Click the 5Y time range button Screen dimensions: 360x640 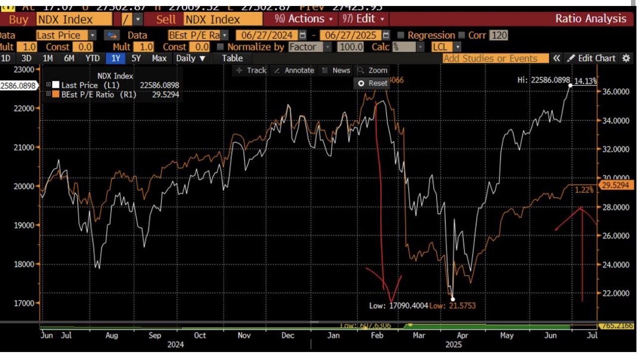(x=136, y=58)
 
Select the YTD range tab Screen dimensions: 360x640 (x=93, y=58)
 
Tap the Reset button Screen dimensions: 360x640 (x=373, y=83)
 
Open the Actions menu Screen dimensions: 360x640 (x=306, y=19)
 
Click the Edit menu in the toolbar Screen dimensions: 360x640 (x=364, y=19)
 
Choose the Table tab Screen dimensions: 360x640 (x=232, y=58)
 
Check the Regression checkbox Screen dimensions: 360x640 (x=401, y=35)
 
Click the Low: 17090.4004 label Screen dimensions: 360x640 (x=398, y=306)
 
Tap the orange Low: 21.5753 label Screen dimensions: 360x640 (x=453, y=306)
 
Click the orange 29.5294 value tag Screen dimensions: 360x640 (x=617, y=185)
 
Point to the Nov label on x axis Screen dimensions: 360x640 (x=244, y=336)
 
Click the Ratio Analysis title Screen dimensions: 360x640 (x=591, y=19)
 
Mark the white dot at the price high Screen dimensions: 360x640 (x=570, y=85)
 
